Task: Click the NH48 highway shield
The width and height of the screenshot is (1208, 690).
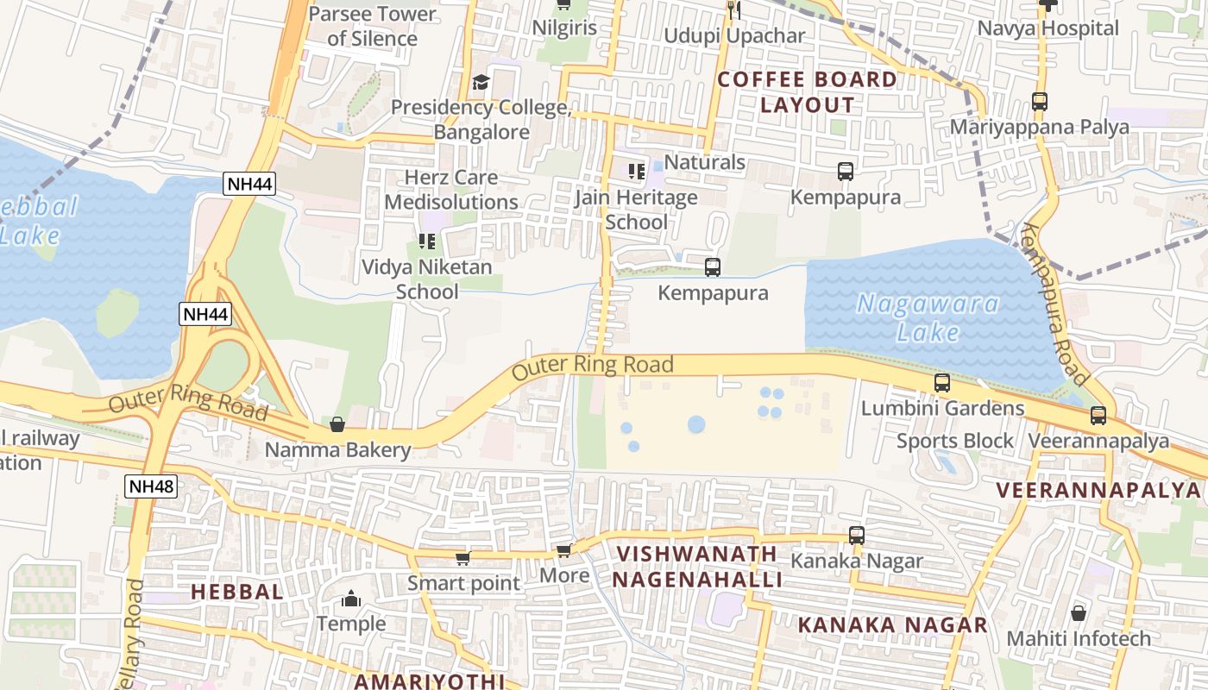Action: click(x=151, y=486)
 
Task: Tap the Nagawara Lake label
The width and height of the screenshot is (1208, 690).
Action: click(x=928, y=317)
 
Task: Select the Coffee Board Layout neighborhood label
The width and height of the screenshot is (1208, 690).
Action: click(x=808, y=92)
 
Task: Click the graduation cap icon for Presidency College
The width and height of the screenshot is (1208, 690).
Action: click(x=481, y=83)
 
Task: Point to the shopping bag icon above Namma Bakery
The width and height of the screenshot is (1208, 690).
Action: click(x=337, y=424)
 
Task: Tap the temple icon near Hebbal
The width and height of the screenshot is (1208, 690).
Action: click(x=351, y=598)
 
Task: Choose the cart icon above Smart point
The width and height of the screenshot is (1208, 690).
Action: click(x=463, y=558)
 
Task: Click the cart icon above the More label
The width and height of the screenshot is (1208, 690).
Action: click(x=564, y=549)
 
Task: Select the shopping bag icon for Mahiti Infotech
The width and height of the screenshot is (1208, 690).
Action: click(x=1079, y=613)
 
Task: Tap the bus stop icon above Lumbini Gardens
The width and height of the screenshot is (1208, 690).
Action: click(x=942, y=383)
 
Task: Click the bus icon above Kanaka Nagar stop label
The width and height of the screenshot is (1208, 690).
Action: click(x=856, y=536)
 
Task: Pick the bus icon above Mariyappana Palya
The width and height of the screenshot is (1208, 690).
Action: click(x=1040, y=102)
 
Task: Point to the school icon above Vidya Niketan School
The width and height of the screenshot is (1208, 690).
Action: click(x=426, y=241)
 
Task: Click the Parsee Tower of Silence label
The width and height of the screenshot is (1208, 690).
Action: click(x=373, y=26)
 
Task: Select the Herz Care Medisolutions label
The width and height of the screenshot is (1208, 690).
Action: click(x=451, y=190)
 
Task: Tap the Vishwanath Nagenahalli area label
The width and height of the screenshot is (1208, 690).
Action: click(x=697, y=566)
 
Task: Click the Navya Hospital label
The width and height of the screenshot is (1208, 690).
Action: click(x=1048, y=28)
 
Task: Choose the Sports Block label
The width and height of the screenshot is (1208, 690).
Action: click(x=955, y=441)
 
